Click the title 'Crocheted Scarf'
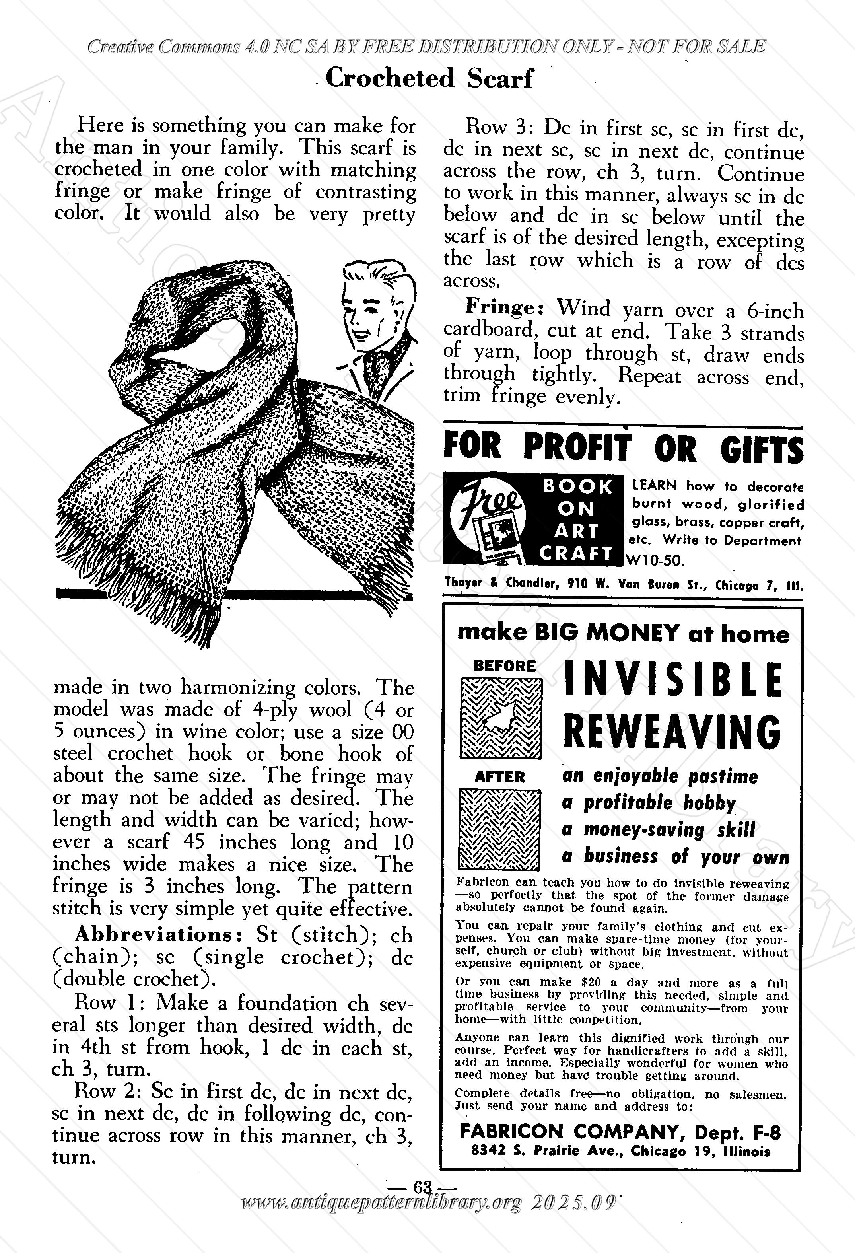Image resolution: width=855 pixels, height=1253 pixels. [429, 79]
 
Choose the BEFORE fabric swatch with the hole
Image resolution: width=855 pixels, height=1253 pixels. [500, 718]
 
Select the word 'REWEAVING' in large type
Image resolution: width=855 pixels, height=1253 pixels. [672, 731]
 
